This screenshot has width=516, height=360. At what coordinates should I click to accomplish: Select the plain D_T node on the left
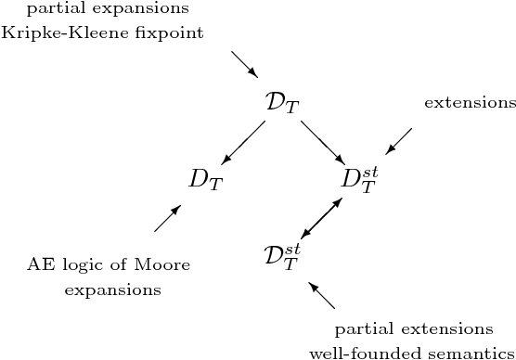point(205,179)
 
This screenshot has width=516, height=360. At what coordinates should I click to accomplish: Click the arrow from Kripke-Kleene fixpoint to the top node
point(245,64)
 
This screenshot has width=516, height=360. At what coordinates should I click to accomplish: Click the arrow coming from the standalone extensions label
point(398,141)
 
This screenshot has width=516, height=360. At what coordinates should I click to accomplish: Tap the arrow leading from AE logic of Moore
point(168,218)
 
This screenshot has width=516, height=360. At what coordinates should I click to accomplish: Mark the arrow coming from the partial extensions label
point(321,295)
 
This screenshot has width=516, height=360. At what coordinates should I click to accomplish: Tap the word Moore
point(162,266)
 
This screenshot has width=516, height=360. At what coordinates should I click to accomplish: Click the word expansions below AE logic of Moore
point(112,290)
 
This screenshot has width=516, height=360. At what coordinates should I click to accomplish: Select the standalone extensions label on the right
point(470,102)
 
